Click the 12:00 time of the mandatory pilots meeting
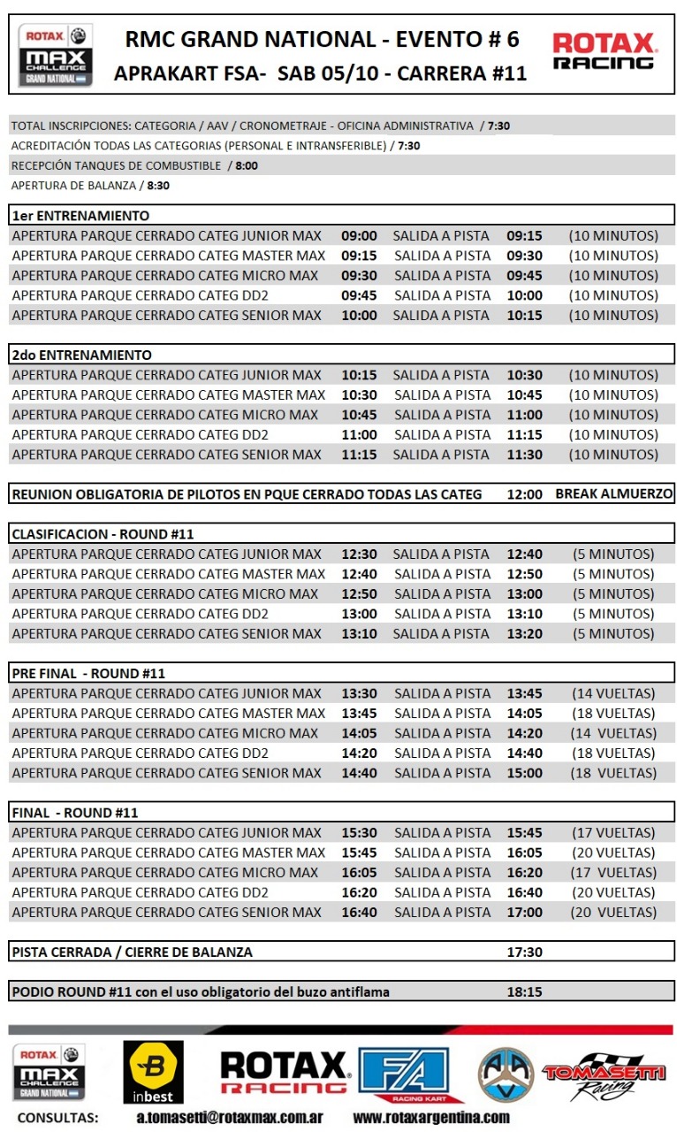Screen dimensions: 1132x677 tap(524, 494)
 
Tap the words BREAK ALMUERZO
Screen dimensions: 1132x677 tap(613, 493)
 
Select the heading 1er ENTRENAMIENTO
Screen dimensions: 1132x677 tap(80, 216)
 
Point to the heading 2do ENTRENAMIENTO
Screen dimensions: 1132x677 tap(81, 355)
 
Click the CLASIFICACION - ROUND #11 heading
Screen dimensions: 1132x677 tap(103, 534)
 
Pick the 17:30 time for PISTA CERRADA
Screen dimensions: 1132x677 tap(524, 952)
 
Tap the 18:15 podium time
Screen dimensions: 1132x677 tap(524, 991)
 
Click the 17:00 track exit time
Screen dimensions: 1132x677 tap(524, 912)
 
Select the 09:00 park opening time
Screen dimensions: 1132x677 tap(359, 235)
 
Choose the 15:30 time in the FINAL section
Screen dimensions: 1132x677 tap(359, 832)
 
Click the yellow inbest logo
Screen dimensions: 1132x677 tap(154, 1072)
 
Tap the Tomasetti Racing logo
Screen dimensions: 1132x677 tap(604, 1075)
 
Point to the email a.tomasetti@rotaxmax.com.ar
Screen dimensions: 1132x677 tap(229, 1117)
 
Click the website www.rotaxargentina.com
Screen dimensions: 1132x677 tap(431, 1117)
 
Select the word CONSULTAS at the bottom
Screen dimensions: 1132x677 tap(58, 1117)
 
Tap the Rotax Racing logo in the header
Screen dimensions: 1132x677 tap(605, 50)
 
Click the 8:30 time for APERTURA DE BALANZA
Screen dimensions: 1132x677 tap(158, 186)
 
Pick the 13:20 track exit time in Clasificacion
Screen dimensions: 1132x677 tap(524, 633)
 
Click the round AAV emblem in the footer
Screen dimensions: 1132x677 tap(506, 1074)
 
